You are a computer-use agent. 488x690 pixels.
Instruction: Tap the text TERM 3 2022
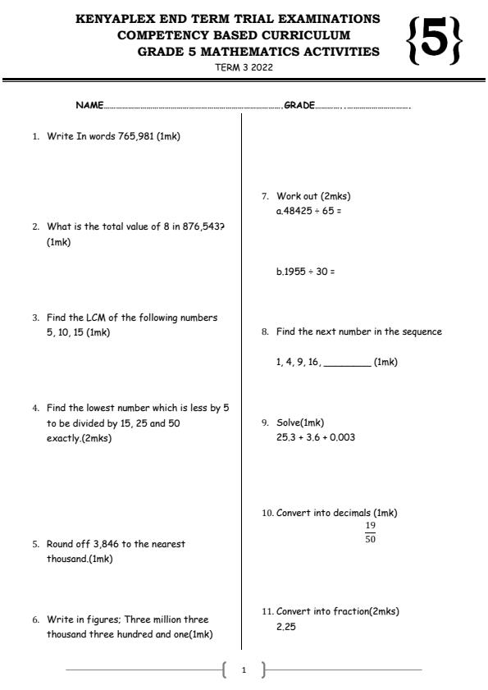[244, 67]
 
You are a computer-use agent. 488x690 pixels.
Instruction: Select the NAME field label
[89, 106]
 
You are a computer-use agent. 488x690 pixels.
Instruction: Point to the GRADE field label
[299, 106]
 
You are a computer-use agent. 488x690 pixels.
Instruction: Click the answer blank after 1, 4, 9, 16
[347, 362]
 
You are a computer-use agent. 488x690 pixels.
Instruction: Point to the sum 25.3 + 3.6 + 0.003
[316, 437]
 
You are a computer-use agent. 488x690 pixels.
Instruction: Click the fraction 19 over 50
[371, 532]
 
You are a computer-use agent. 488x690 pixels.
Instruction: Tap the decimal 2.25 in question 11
[285, 626]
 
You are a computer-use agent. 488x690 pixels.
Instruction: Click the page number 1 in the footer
[244, 670]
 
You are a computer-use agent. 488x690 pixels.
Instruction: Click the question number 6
[35, 620]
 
